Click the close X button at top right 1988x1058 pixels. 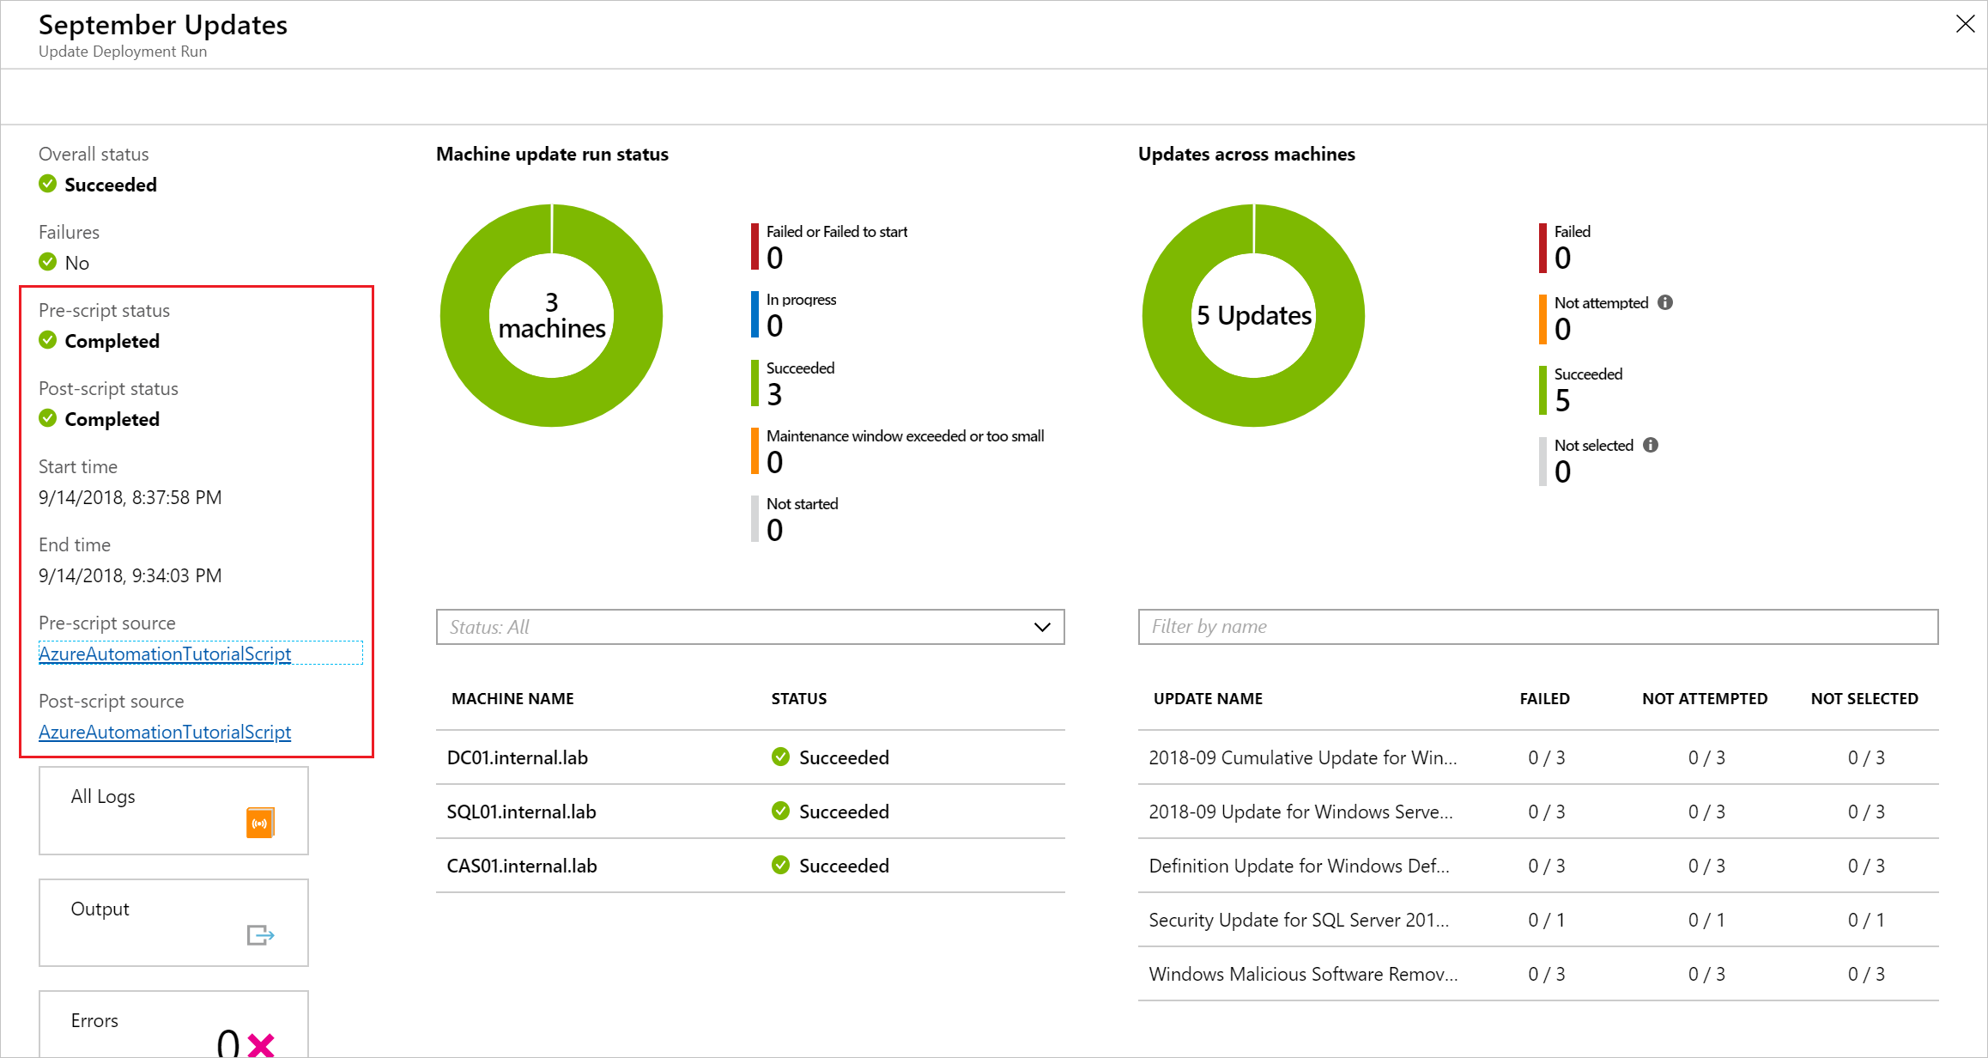tap(1965, 24)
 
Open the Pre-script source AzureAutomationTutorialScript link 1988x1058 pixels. tap(165, 654)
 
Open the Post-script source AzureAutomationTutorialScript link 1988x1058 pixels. tap(165, 732)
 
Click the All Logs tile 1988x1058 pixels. tap(173, 810)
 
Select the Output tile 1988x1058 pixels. tap(173, 921)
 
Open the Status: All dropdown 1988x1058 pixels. tap(749, 627)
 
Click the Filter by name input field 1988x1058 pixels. tap(1536, 627)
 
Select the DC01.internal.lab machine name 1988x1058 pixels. tap(517, 757)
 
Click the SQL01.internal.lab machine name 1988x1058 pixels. tap(521, 812)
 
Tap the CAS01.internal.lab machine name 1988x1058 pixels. tap(521, 866)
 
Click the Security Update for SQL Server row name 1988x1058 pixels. tap(1298, 920)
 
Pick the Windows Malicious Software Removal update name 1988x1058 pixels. tap(1302, 974)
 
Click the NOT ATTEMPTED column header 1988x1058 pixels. tap(1704, 699)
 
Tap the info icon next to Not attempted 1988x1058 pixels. tap(1665, 302)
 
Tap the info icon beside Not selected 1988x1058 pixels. tap(1651, 445)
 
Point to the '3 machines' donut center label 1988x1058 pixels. tap(551, 316)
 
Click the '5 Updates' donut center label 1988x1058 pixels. tap(1253, 316)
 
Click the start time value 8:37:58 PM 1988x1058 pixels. tap(176, 497)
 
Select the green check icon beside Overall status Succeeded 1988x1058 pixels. tap(48, 184)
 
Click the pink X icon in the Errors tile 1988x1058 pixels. tap(261, 1044)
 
